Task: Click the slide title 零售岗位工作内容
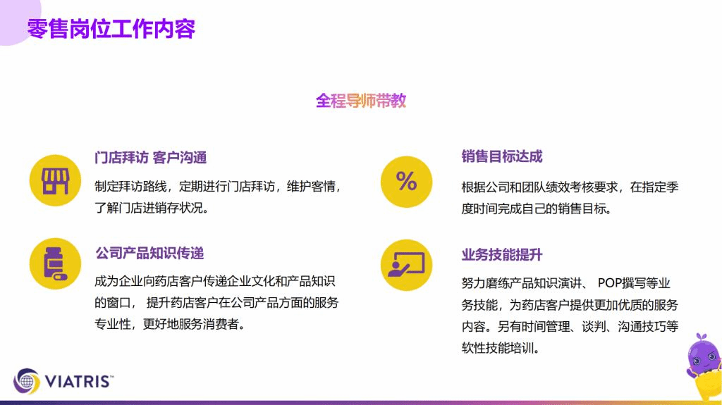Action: click(111, 29)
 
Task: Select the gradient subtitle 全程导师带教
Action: click(361, 101)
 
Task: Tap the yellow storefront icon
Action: click(55, 180)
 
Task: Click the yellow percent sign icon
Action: click(407, 181)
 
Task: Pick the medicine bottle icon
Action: click(55, 263)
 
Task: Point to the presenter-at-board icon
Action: click(407, 265)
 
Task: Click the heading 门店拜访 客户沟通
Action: click(151, 157)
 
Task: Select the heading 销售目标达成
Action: click(502, 156)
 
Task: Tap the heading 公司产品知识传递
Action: click(149, 253)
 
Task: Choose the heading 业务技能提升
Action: click(502, 254)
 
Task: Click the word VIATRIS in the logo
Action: click(79, 382)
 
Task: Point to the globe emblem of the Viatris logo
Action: click(27, 381)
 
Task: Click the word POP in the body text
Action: click(609, 282)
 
